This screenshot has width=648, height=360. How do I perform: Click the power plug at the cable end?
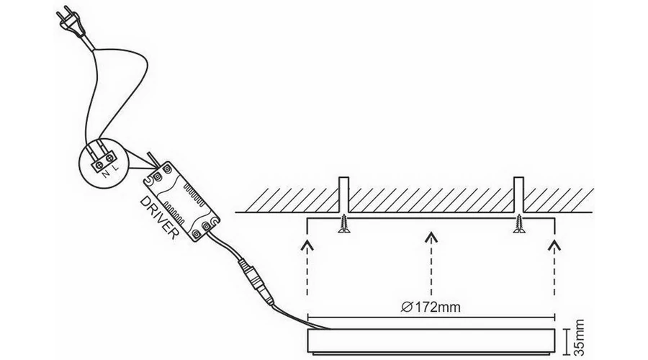pyautogui.click(x=71, y=23)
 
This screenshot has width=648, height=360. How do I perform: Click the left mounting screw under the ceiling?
pyautogui.click(x=344, y=224)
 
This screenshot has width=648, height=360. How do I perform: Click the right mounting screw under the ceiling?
pyautogui.click(x=518, y=224)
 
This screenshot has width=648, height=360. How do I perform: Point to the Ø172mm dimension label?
pyautogui.click(x=431, y=307)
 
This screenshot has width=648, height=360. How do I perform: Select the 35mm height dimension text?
pyautogui.click(x=580, y=337)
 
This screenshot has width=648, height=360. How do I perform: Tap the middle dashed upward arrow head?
pyautogui.click(x=431, y=236)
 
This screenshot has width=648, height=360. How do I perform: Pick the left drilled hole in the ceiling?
pyautogui.click(x=344, y=194)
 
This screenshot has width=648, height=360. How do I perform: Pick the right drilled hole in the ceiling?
pyautogui.click(x=518, y=194)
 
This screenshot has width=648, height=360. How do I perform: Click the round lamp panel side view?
pyautogui.click(x=431, y=341)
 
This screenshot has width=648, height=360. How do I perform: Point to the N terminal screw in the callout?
pyautogui.click(x=100, y=165)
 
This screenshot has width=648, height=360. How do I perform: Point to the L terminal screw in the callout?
pyautogui.click(x=110, y=158)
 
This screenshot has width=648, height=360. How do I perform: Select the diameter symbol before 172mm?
pyautogui.click(x=407, y=307)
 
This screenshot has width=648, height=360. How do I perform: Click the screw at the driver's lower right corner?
pyautogui.click(x=206, y=225)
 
